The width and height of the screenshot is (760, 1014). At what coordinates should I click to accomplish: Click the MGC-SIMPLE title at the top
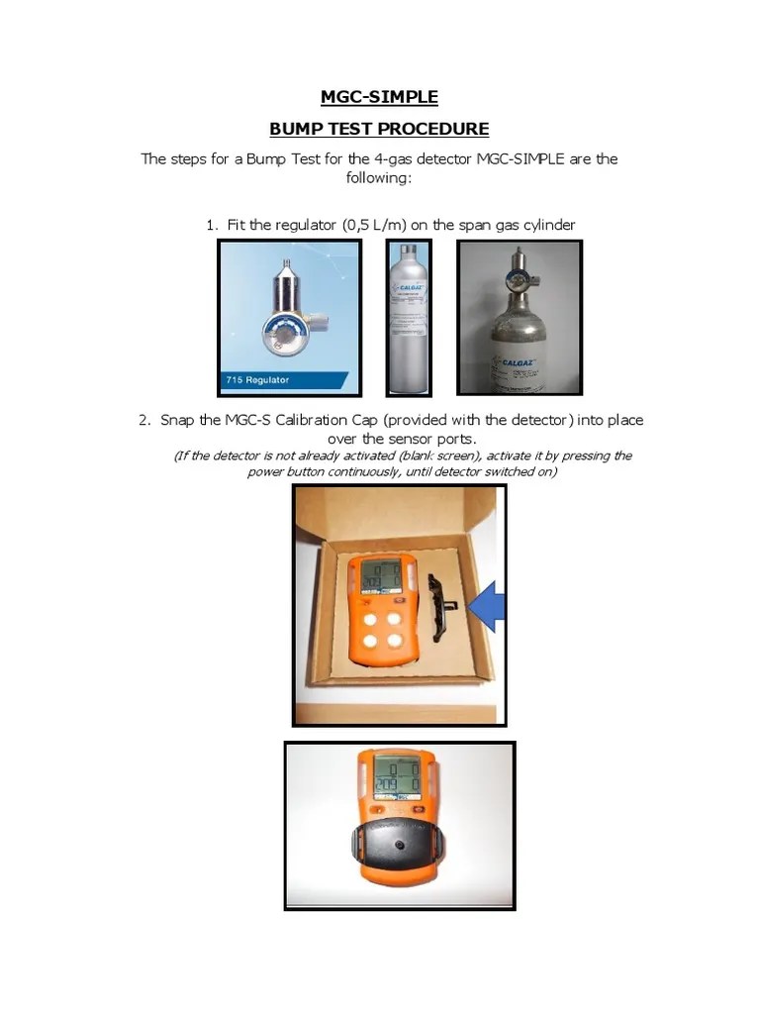pyautogui.click(x=379, y=97)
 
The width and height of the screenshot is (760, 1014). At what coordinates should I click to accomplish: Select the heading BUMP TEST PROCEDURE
pyautogui.click(x=379, y=129)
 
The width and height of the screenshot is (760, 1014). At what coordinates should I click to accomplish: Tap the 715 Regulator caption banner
pyautogui.click(x=282, y=379)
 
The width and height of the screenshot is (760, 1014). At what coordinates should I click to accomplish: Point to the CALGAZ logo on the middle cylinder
pyautogui.click(x=408, y=289)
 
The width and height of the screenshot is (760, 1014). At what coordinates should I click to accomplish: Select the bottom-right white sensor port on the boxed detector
pyautogui.click(x=397, y=641)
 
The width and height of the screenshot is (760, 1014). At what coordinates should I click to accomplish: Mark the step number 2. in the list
pyautogui.click(x=145, y=420)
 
